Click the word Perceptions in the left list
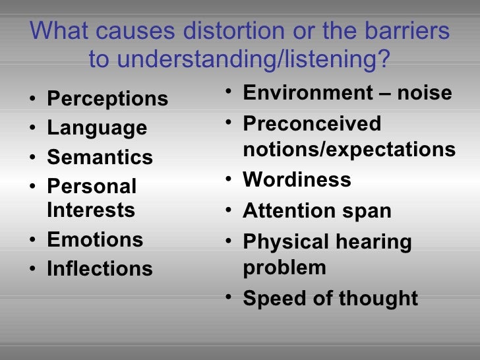[107, 99]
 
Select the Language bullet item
[97, 128]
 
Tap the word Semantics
[100, 158]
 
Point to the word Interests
[91, 210]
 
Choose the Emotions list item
[95, 239]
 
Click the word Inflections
[100, 269]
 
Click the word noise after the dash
[425, 93]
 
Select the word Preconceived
[312, 123]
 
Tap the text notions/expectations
[349, 150]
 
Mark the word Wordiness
[297, 180]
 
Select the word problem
[284, 268]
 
